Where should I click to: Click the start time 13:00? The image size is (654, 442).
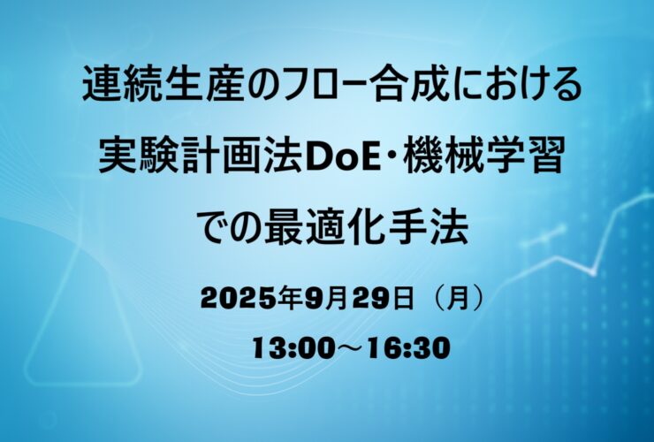293,348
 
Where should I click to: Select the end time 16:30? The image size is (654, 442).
409,348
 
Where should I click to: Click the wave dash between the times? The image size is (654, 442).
352,348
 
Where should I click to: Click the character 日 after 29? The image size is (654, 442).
401,299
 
